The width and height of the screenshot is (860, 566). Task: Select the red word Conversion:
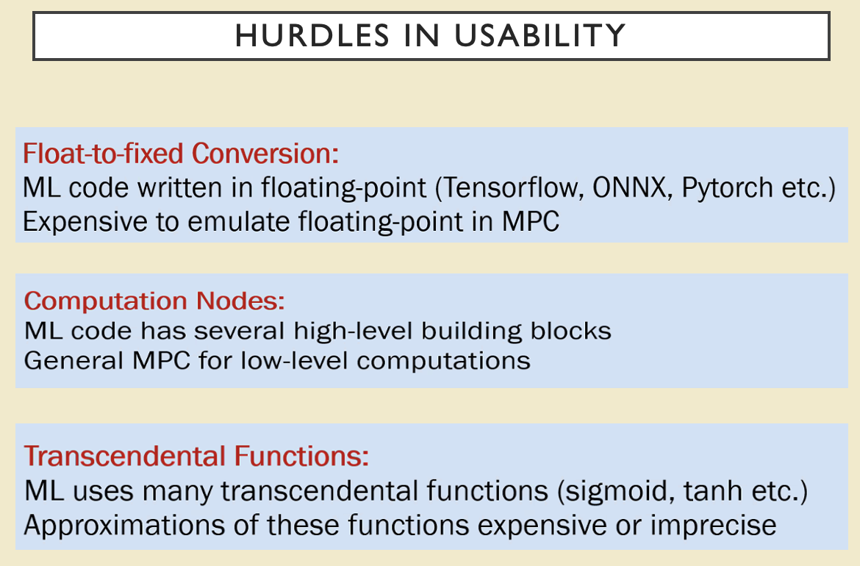click(x=265, y=153)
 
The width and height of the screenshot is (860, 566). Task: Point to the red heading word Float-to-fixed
click(x=103, y=153)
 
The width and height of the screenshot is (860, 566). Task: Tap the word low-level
click(x=295, y=361)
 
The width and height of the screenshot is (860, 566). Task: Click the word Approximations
click(x=124, y=526)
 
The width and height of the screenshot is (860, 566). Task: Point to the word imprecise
click(x=714, y=526)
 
